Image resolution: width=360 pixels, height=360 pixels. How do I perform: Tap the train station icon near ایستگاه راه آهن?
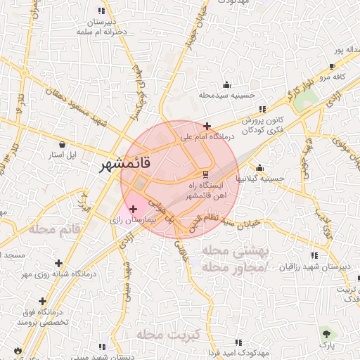coord(205,174)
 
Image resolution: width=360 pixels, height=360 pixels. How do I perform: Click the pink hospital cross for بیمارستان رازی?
coord(133,209)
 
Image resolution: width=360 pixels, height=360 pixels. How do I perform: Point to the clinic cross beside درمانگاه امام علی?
coord(207,125)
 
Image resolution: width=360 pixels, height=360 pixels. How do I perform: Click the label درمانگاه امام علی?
coord(209,137)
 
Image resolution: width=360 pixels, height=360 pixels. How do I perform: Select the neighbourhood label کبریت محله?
coord(169,334)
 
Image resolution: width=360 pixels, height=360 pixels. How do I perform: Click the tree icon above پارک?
coord(326,332)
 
